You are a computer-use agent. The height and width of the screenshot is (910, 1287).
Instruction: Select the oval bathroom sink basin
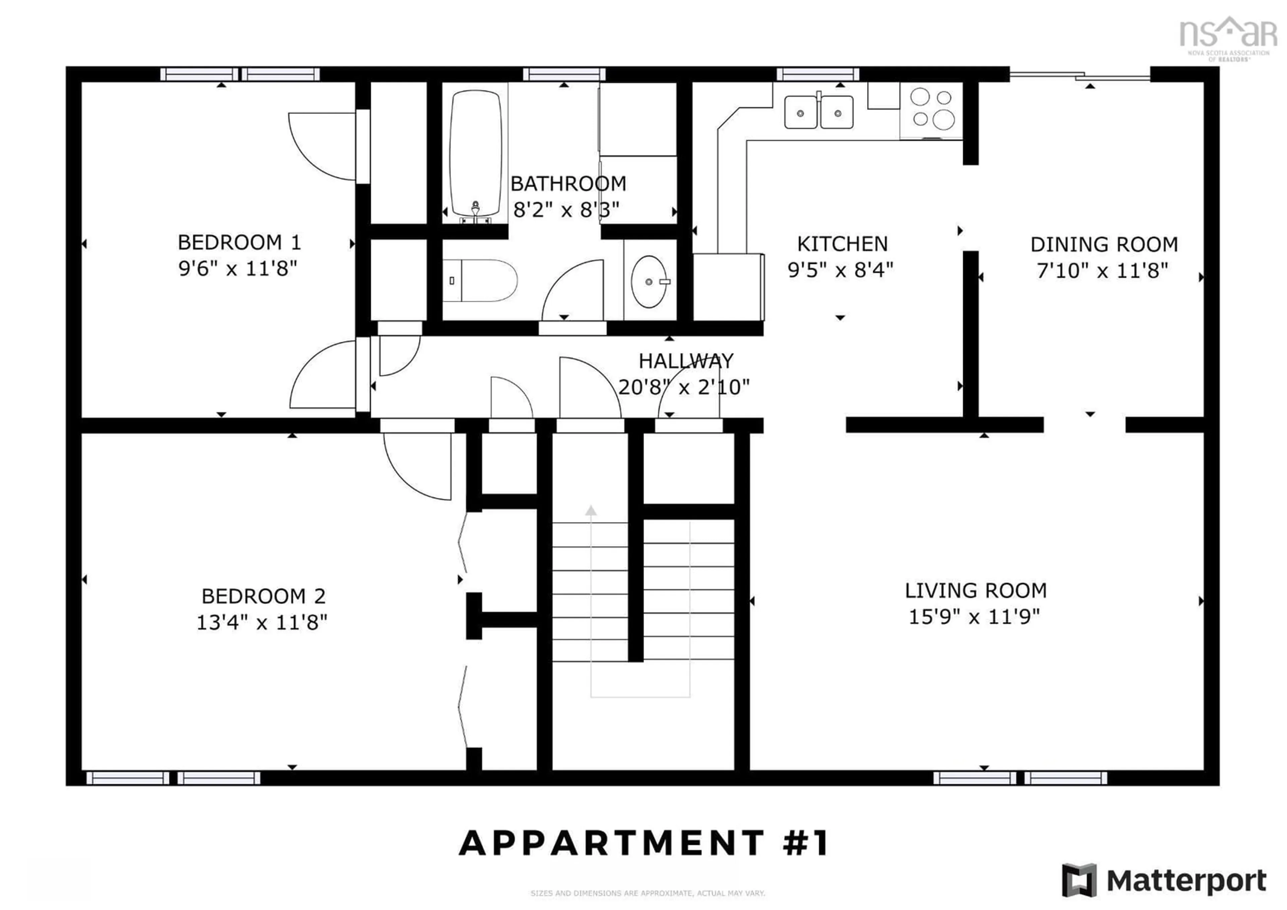(649, 281)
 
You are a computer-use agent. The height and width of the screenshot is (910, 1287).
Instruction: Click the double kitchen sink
(818, 112)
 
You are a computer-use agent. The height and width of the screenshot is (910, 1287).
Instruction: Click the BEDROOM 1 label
(239, 243)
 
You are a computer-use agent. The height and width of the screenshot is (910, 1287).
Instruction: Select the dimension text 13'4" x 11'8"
(262, 622)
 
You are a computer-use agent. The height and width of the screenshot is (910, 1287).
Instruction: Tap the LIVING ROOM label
(975, 590)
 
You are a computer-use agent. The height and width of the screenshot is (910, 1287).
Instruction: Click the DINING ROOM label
(1104, 244)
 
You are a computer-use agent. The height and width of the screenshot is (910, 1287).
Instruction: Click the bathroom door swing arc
(572, 289)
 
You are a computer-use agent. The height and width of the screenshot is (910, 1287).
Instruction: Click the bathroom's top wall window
(564, 74)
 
